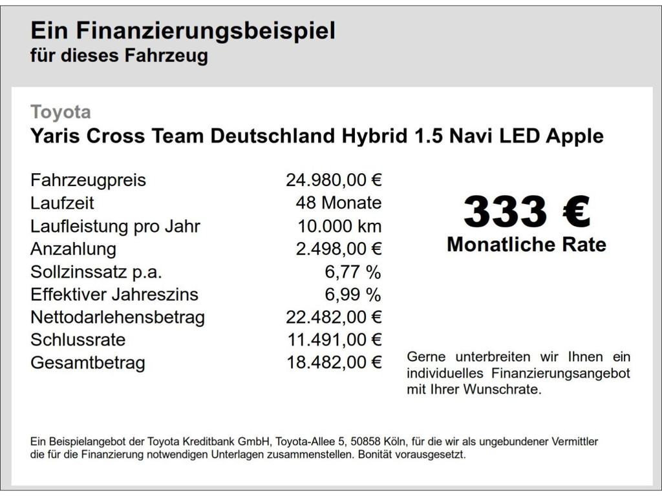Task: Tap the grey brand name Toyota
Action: click(x=61, y=112)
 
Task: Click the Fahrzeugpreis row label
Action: click(x=88, y=180)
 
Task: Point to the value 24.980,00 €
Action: click(x=334, y=180)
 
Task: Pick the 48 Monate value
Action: click(x=338, y=203)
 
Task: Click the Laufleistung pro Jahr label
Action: click(x=115, y=226)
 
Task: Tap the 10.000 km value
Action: click(x=339, y=226)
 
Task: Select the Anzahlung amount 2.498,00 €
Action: click(x=339, y=249)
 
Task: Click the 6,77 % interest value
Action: click(x=352, y=272)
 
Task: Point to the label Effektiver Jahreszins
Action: click(x=114, y=294)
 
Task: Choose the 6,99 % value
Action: click(x=352, y=294)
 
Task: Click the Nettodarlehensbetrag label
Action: click(x=118, y=317)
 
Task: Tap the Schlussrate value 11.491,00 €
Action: click(x=334, y=340)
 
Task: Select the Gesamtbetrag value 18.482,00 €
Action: click(x=334, y=363)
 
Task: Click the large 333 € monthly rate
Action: click(x=526, y=212)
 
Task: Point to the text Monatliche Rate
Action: click(x=526, y=245)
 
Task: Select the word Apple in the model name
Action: click(x=575, y=136)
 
